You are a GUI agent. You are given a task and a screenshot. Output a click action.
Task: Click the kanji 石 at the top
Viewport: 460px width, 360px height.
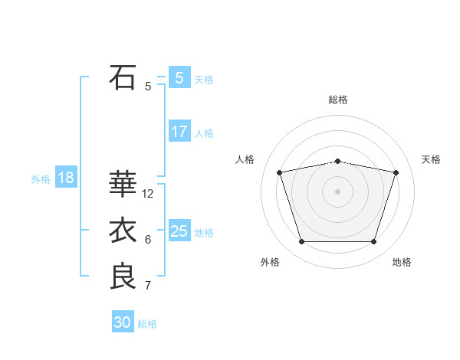point(123,77)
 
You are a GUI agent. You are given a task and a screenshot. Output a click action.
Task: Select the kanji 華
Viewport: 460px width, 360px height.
point(123,185)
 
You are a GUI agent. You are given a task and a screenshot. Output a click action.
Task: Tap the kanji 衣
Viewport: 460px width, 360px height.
point(123,231)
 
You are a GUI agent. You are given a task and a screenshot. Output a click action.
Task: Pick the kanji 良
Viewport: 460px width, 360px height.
point(123,277)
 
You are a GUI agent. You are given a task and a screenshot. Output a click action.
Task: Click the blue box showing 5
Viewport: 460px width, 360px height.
point(179,77)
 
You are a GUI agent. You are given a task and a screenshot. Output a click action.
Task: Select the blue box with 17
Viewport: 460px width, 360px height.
point(179,132)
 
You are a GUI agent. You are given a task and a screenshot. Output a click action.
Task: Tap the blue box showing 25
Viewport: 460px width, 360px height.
point(179,231)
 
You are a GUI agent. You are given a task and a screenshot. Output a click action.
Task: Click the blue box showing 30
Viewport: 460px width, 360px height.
point(123,322)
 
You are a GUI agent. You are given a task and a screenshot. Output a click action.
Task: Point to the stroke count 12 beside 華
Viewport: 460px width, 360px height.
point(148,194)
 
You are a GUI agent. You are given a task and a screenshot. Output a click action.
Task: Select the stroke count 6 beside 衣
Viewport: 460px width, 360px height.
point(148,240)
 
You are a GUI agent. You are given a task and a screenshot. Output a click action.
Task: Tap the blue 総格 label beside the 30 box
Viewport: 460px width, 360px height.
point(148,324)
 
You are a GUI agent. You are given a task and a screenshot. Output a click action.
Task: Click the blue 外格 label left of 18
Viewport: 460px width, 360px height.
point(41,179)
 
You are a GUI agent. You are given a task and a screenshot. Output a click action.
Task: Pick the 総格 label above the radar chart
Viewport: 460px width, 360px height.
point(338,100)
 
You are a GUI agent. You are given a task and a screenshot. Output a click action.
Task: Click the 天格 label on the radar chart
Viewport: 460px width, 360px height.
point(431,159)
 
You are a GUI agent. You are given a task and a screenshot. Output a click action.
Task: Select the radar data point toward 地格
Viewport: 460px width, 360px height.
point(373,242)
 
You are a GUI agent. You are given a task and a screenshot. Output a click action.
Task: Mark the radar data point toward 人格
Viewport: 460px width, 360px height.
point(280,172)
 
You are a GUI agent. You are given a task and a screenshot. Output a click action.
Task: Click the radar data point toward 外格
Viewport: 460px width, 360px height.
point(301,242)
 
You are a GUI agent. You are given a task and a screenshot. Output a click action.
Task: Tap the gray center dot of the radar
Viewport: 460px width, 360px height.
point(337,191)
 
